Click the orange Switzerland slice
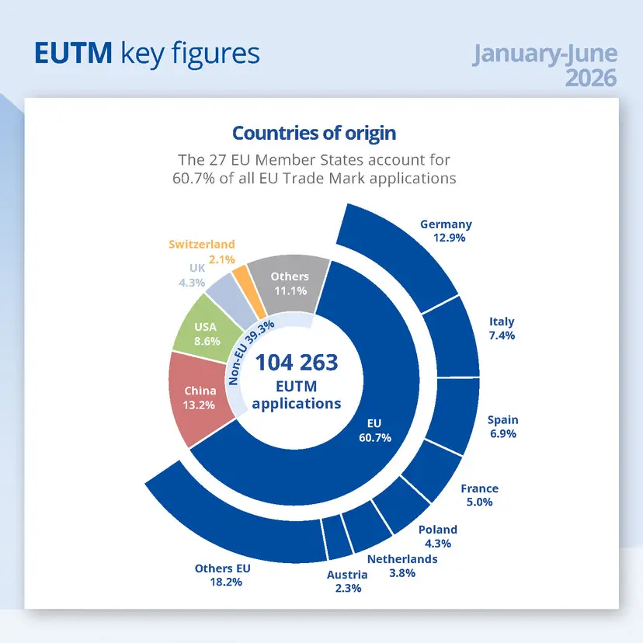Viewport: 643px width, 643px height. pyautogui.click(x=249, y=290)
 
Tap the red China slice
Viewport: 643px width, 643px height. pyautogui.click(x=200, y=398)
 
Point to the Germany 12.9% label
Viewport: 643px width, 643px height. pyautogui.click(x=447, y=231)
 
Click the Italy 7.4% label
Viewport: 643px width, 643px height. pyautogui.click(x=502, y=328)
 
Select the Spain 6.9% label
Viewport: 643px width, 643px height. pyautogui.click(x=502, y=426)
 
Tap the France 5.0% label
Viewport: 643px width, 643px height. pyautogui.click(x=479, y=495)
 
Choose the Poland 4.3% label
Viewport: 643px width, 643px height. pyautogui.click(x=437, y=537)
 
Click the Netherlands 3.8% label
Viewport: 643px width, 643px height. pyautogui.click(x=402, y=566)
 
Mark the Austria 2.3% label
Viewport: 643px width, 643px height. pyautogui.click(x=347, y=582)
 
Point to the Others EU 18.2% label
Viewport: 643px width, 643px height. pyautogui.click(x=223, y=575)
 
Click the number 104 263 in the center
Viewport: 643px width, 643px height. pyautogui.click(x=297, y=362)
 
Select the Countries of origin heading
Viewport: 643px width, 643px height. pyautogui.click(x=314, y=134)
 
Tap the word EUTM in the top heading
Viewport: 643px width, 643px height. pyautogui.click(x=73, y=53)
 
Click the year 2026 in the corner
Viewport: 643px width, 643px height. pyautogui.click(x=591, y=78)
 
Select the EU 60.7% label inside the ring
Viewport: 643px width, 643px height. pyautogui.click(x=375, y=430)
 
